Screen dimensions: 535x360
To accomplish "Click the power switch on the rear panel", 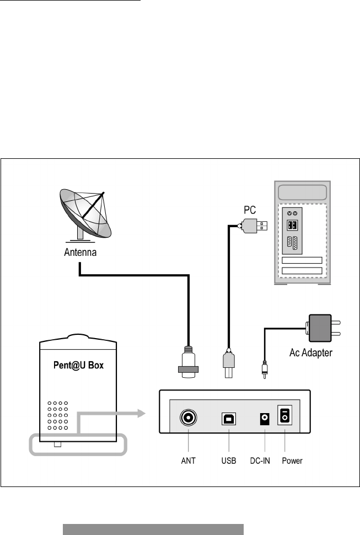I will pos(284,415).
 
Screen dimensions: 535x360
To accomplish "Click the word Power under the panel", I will pos(292,461).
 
